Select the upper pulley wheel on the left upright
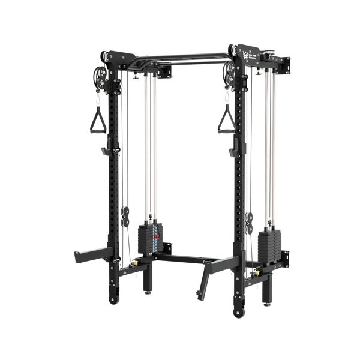[x=97, y=77]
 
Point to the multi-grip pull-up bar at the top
[x=174, y=59]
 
